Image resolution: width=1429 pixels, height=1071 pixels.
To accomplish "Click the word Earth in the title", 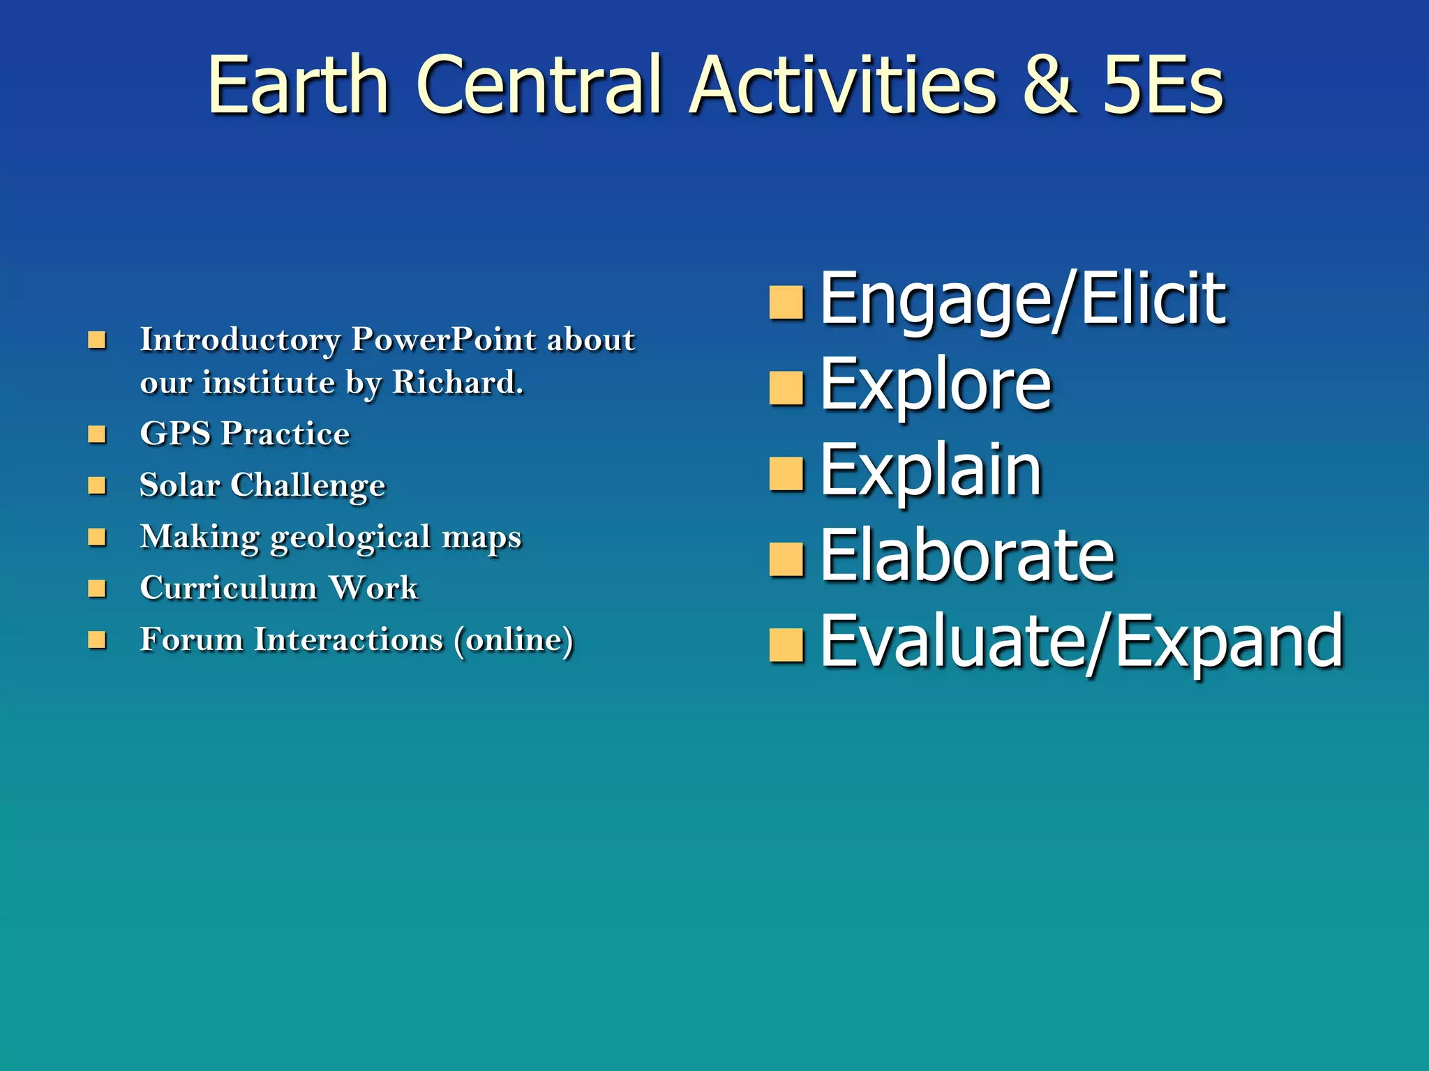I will (298, 86).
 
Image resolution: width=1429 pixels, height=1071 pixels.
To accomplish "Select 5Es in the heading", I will (1162, 86).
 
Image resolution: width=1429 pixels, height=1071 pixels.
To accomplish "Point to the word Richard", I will (457, 382).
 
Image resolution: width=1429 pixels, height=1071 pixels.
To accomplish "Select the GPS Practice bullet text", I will (244, 434).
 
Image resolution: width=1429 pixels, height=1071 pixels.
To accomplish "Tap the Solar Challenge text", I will (262, 485).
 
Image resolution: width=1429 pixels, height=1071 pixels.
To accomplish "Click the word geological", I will (350, 538).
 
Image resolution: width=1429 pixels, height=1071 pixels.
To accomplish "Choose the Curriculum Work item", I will (278, 588).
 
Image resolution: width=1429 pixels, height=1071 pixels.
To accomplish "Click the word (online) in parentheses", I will (514, 639).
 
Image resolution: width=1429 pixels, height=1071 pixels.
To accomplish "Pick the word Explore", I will (935, 385).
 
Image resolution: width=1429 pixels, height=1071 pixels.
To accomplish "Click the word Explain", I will (931, 471).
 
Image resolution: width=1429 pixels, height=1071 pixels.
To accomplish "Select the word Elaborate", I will (967, 556).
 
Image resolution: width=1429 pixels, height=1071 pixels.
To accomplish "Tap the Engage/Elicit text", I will (1022, 300).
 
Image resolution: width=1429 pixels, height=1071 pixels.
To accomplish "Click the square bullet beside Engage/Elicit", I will (786, 303).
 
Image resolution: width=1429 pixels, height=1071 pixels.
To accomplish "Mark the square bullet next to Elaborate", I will (786, 560).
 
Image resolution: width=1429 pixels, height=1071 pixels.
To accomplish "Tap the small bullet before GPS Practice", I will (97, 434).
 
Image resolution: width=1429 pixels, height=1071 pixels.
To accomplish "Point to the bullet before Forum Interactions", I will (97, 639).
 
